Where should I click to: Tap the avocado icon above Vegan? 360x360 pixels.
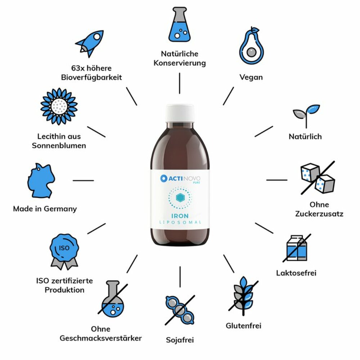point(251,46)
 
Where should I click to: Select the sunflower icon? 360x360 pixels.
point(59,106)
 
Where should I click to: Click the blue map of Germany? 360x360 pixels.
point(41,180)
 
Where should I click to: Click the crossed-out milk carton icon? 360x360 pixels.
point(297,248)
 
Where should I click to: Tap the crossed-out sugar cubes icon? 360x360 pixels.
point(318,178)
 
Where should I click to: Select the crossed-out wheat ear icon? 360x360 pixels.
point(243,296)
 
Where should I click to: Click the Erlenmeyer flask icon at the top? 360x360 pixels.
point(180,24)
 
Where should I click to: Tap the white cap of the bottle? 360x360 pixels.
point(180,113)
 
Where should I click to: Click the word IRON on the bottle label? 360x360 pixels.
point(180,216)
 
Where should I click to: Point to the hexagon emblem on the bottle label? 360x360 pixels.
point(180,198)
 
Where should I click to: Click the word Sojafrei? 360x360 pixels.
point(180,340)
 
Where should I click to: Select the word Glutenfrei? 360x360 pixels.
point(244,325)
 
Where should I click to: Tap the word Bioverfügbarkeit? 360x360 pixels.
point(91,77)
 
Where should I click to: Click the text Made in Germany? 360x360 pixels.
point(45,209)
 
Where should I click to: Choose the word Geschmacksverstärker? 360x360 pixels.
point(100,338)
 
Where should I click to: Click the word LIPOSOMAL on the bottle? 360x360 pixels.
point(180,222)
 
